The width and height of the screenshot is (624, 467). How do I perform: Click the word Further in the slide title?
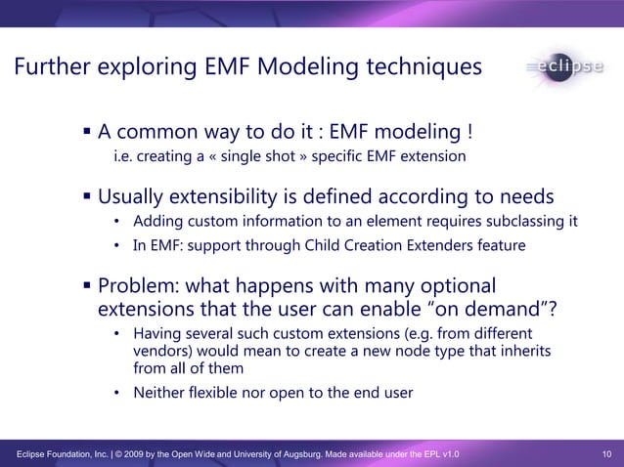pyautogui.click(x=52, y=67)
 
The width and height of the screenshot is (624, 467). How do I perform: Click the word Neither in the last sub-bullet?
pyautogui.click(x=160, y=393)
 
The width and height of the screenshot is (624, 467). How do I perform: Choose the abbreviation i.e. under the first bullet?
pyautogui.click(x=123, y=156)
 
